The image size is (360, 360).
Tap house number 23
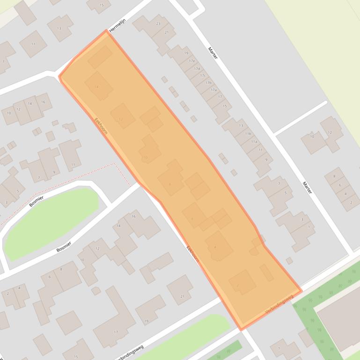click(158, 24)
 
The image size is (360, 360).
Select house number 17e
click(192, 61)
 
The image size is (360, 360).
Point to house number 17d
click(197, 69)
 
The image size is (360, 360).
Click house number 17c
click(203, 76)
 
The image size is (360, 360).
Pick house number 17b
click(208, 83)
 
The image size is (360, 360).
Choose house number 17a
click(213, 90)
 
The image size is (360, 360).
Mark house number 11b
click(248, 134)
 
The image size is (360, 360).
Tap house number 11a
click(254, 141)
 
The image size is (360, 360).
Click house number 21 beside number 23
click(167, 32)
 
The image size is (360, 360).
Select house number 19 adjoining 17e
click(186, 53)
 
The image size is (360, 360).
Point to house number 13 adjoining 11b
click(241, 125)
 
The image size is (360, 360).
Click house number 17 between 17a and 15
click(219, 97)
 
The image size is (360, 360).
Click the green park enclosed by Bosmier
click(51, 222)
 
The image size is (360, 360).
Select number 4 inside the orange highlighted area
click(215, 247)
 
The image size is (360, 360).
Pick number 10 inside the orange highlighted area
click(145, 158)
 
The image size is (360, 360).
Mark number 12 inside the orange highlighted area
click(121, 120)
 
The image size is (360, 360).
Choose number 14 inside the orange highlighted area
click(97, 87)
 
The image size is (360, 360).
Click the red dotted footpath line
click(70, 180)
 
